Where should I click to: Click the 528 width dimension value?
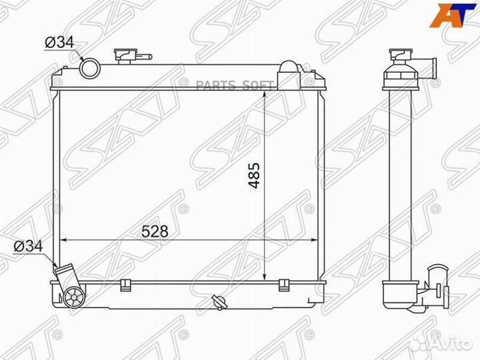(155, 231)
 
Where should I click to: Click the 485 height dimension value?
(254, 175)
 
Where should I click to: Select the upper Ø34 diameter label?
(60, 42)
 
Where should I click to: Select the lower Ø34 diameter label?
(28, 245)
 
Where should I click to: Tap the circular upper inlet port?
(90, 68)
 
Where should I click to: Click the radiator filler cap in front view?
(124, 56)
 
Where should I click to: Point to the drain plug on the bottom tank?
(219, 303)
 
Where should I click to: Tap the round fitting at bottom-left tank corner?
(74, 297)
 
